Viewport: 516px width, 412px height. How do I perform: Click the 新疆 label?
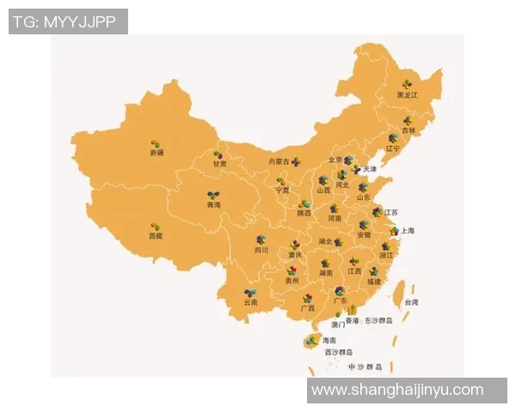[156, 152]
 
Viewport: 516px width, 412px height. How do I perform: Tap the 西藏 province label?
[156, 235]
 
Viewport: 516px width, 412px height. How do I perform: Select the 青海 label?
[213, 205]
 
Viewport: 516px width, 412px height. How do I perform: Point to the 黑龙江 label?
[407, 94]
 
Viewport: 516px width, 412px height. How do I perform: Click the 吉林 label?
[408, 130]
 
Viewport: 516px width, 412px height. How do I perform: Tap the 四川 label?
[261, 250]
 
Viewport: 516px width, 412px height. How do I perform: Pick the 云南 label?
[250, 302]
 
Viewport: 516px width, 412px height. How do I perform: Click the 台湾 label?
[411, 302]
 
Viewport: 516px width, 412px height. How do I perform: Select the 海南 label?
[329, 341]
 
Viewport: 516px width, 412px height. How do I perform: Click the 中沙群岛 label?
[365, 367]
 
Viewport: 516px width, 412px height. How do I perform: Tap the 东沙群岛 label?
[378, 319]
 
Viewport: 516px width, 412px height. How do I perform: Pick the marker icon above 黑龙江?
[406, 84]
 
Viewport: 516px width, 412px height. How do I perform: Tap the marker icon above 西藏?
[156, 227]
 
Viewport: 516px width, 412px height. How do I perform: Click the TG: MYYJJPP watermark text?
[68, 21]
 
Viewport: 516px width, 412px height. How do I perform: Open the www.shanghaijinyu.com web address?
[397, 390]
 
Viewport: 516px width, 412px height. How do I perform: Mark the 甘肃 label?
[221, 163]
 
